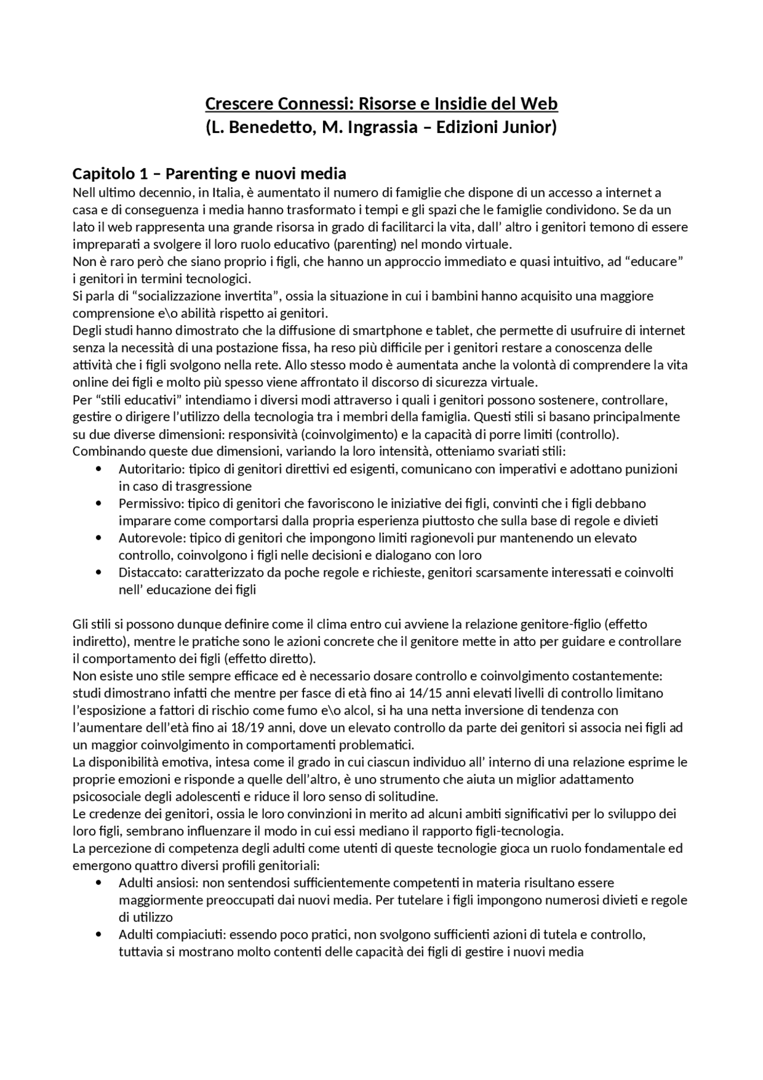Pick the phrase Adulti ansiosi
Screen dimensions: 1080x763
[156, 883]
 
